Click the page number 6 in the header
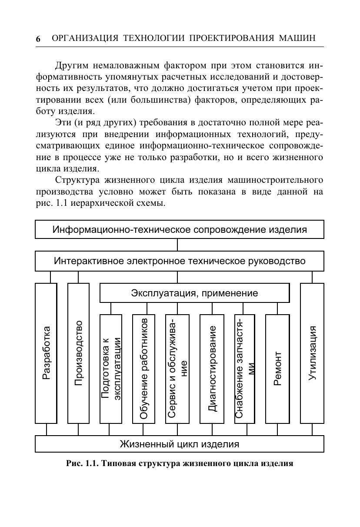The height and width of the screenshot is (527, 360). pyautogui.click(x=38, y=39)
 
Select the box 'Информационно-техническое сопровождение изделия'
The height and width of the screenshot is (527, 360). pyautogui.click(x=179, y=229)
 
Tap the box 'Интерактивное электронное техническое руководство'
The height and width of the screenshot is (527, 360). pyautogui.click(x=179, y=261)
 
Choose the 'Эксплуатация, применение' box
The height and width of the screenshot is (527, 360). pyautogui.click(x=194, y=293)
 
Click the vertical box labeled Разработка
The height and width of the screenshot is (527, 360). pyautogui.click(x=46, y=353)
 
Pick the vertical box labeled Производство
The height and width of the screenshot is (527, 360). pyautogui.click(x=78, y=353)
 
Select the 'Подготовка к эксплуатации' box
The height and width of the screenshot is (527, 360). pyautogui.click(x=111, y=369)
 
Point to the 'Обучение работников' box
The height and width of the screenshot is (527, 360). pyautogui.click(x=143, y=369)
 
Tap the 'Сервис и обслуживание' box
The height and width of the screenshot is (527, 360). pyautogui.click(x=177, y=369)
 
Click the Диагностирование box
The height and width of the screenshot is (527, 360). pyautogui.click(x=212, y=369)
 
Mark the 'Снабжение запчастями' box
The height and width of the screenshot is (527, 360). pyautogui.click(x=245, y=369)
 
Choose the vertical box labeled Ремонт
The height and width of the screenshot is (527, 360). pyautogui.click(x=277, y=369)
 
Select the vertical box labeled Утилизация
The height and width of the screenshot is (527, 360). pyautogui.click(x=312, y=353)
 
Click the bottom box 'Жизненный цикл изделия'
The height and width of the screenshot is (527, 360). pyautogui.click(x=179, y=444)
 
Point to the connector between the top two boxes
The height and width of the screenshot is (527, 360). pyautogui.click(x=177, y=245)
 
